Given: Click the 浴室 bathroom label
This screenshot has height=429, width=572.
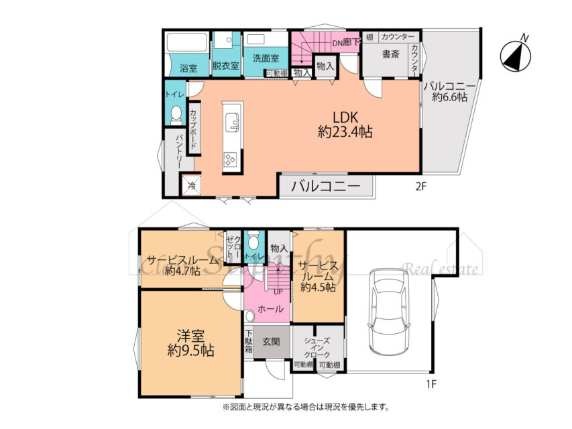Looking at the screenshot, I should click(188, 68).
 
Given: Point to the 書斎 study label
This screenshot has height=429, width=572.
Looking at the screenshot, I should click(390, 54).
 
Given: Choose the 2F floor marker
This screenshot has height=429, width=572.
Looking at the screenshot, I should click(420, 187).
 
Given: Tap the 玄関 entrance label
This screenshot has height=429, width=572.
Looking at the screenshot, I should click(272, 341).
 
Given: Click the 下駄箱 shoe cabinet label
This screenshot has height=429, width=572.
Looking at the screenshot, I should click(249, 341).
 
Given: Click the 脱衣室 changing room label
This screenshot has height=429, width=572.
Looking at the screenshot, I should click(225, 67).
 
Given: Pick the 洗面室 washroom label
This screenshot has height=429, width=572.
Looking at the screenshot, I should click(266, 58).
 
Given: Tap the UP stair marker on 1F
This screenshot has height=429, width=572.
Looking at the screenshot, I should click(278, 292).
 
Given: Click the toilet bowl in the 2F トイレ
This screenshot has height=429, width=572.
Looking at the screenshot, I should click(176, 115).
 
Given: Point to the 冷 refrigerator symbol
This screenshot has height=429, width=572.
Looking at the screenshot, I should click(191, 185).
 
